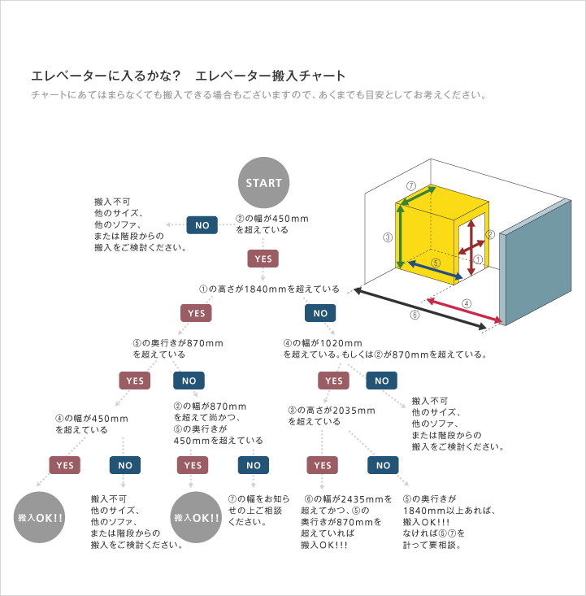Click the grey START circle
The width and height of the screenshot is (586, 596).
tap(263, 183)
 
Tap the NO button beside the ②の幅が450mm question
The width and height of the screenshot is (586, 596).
tap(202, 224)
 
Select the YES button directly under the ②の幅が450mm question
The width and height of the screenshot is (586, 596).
tap(263, 259)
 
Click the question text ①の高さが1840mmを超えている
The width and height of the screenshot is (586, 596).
tap(270, 289)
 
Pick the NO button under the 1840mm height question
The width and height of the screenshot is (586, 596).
tap(320, 313)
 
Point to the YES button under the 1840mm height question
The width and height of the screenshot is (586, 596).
tap(196, 313)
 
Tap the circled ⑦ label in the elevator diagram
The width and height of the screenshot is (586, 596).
tap(411, 185)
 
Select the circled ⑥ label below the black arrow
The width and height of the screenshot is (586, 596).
tap(415, 315)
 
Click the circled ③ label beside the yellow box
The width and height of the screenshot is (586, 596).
tap(388, 238)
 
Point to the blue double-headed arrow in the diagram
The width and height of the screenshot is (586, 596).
tap(435, 269)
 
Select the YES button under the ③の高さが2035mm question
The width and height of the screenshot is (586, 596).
tap(322, 465)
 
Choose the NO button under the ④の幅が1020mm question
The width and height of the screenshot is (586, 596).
tap(381, 381)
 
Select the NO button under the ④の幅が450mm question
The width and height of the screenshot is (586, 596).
tap(125, 465)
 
